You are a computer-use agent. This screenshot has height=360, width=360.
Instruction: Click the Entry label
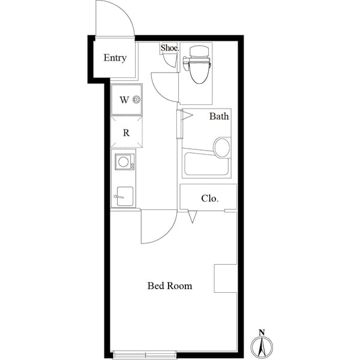coord(115,58)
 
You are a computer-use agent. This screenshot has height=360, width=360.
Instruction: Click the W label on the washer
coord(124,100)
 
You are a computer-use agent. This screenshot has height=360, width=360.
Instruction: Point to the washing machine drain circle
coord(137,100)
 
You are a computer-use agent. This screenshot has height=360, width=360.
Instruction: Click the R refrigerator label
coord(126,133)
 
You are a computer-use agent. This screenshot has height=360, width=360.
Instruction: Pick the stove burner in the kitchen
coord(125,161)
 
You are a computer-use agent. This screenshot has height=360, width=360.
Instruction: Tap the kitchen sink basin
coord(125,196)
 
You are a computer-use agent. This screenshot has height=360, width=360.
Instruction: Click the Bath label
coord(219,116)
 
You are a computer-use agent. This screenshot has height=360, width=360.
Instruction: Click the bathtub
coord(206,164)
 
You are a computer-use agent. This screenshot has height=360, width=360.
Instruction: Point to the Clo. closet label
coord(209,197)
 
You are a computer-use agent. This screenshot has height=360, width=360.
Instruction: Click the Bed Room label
coord(170,286)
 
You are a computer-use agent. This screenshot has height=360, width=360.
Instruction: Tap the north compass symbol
coord(262,346)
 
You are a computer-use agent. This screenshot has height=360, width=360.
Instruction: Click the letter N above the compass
coord(262,332)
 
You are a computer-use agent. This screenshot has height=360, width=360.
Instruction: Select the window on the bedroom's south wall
coord(145,353)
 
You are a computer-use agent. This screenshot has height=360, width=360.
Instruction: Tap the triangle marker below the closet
coord(192,217)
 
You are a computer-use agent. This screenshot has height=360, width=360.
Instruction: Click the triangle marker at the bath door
coord(186,114)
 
